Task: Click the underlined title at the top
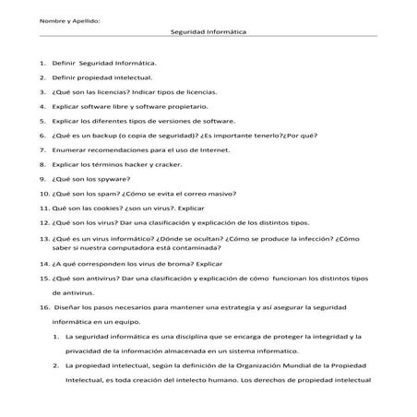[208, 30]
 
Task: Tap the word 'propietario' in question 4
[181, 106]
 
